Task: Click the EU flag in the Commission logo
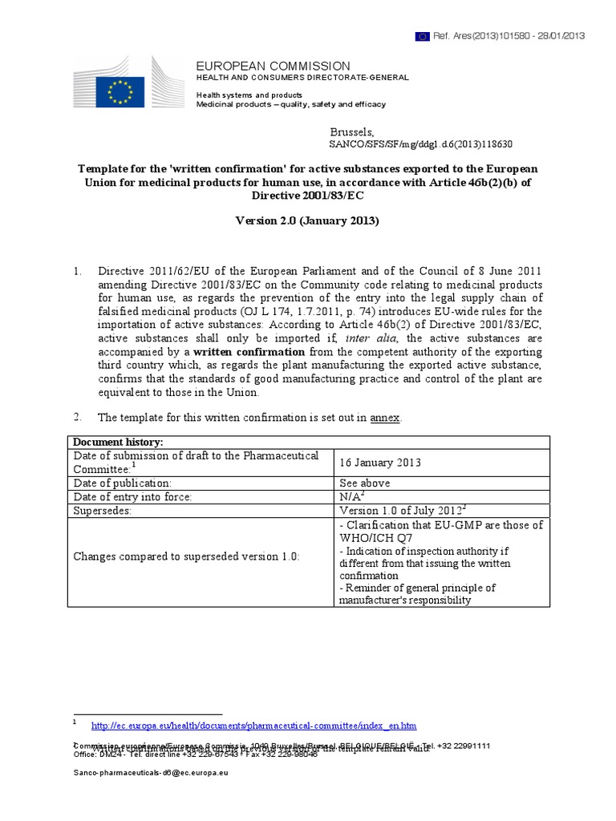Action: [121, 91]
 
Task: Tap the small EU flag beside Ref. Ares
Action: [422, 36]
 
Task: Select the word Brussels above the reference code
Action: [351, 131]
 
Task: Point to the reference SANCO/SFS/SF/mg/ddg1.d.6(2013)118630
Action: [421, 144]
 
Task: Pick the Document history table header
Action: [118, 443]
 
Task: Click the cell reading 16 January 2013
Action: [380, 463]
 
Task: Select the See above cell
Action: [364, 483]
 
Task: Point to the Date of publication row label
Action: [123, 483]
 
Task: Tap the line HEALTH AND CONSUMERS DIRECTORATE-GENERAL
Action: [302, 78]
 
